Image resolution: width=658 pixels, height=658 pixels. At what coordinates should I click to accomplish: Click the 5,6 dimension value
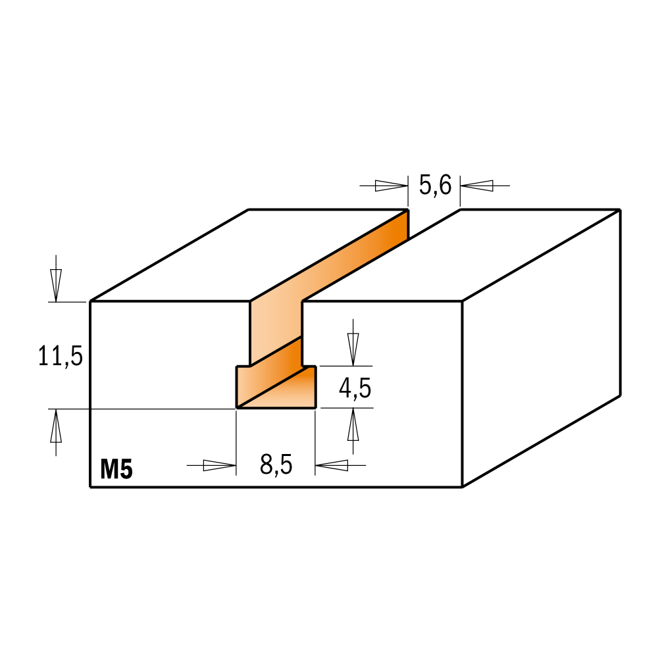(435, 186)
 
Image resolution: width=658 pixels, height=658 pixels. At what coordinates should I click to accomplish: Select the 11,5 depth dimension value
(61, 356)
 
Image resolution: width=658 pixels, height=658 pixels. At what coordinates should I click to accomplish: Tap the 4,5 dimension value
(355, 388)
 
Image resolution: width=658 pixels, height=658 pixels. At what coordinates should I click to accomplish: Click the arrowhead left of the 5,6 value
(391, 186)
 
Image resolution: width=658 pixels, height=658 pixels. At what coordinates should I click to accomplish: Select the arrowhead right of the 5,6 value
(476, 186)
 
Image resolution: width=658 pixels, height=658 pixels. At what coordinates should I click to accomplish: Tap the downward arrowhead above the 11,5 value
(56, 286)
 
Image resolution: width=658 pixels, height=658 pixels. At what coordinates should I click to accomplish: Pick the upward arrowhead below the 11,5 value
(56, 426)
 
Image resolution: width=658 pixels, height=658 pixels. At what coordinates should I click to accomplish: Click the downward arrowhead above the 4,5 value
(353, 349)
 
